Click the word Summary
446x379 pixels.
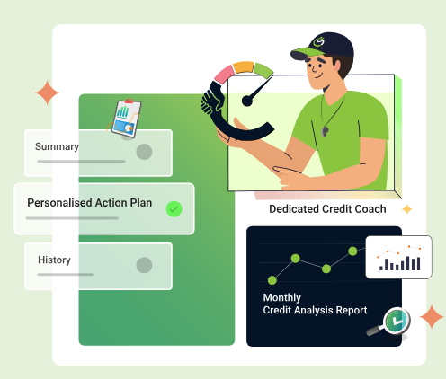click(x=57, y=146)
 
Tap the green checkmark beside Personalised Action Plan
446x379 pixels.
click(x=174, y=209)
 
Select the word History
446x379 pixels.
click(x=54, y=260)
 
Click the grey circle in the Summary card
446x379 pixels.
click(x=144, y=152)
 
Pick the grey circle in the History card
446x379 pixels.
click(x=144, y=265)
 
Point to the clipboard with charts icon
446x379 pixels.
click(x=126, y=119)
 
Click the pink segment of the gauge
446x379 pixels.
click(x=224, y=75)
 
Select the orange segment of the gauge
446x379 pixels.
click(x=244, y=67)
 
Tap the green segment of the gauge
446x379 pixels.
click(x=263, y=71)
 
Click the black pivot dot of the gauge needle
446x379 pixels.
click(x=247, y=101)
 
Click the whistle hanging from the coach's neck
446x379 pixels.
click(x=325, y=131)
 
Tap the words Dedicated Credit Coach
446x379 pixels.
click(x=327, y=209)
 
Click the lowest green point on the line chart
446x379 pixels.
click(x=272, y=280)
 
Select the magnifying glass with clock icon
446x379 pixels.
click(x=389, y=322)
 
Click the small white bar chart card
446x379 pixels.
click(x=398, y=257)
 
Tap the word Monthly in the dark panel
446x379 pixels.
click(x=282, y=297)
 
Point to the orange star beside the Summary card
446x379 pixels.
click(x=48, y=93)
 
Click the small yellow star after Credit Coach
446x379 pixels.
click(x=407, y=209)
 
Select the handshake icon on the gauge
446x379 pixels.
click(x=212, y=101)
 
